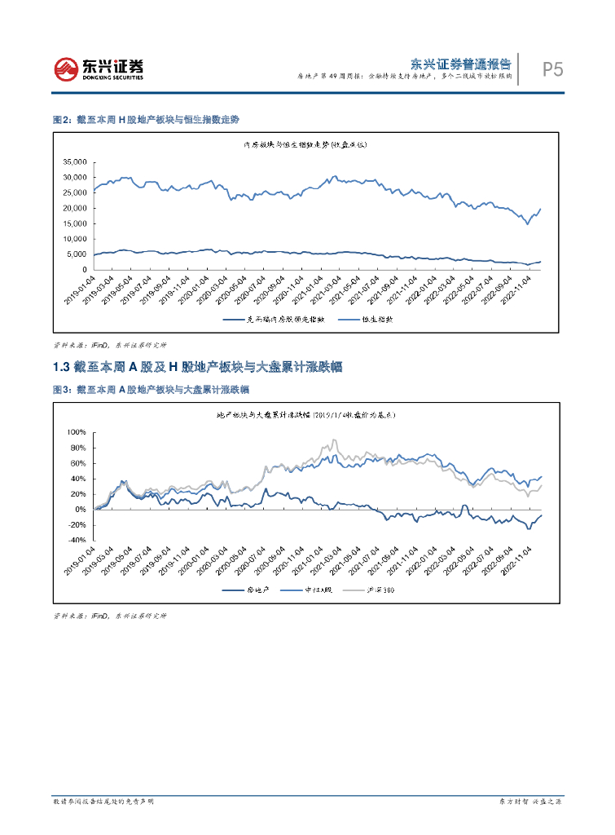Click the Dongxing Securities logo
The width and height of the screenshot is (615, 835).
coord(98,68)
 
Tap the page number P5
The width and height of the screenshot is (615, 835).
coord(553,70)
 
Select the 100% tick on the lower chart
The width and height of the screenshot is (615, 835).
coord(75,431)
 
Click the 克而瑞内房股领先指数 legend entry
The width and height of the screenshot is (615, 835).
coord(278,320)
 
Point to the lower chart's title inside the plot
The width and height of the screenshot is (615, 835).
coord(305,415)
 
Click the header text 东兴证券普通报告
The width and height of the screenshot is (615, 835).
coord(459,63)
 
